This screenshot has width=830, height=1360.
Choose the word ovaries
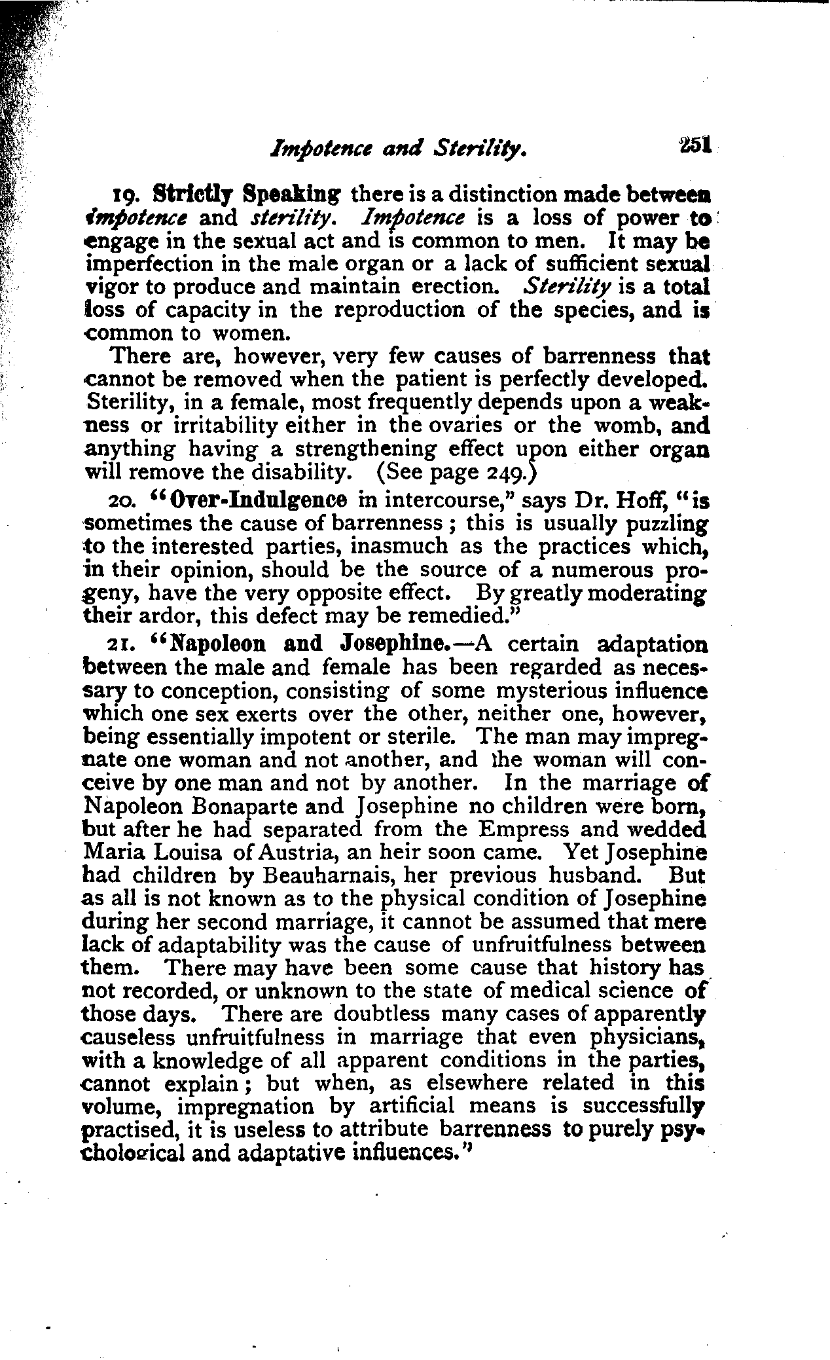pyautogui.click(x=465, y=426)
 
